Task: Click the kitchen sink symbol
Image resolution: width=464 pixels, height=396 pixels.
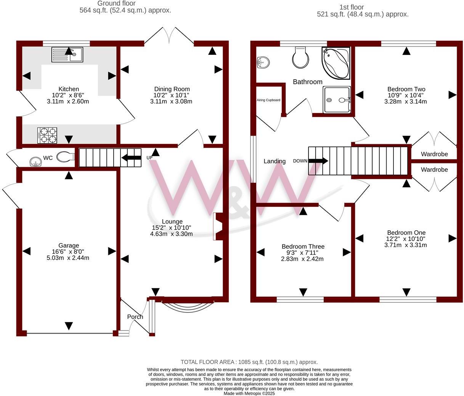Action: (x=67, y=54)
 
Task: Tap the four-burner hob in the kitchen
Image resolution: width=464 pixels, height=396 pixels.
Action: (x=47, y=135)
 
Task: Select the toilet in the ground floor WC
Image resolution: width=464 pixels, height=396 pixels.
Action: (x=65, y=157)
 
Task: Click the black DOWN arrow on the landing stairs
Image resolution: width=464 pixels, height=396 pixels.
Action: (x=318, y=161)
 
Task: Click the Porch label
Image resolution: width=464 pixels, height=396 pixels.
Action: (x=135, y=317)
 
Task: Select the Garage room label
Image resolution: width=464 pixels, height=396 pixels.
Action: (x=69, y=246)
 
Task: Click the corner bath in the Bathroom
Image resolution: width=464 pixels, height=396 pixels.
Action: (x=336, y=63)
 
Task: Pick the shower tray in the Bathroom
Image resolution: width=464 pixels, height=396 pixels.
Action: (x=337, y=100)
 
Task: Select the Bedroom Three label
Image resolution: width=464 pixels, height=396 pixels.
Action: (x=303, y=246)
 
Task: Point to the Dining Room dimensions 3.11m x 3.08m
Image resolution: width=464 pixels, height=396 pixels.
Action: (x=171, y=102)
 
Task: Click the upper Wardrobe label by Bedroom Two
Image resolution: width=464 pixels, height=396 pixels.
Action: (x=434, y=154)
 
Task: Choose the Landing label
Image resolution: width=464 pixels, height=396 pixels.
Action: (x=275, y=161)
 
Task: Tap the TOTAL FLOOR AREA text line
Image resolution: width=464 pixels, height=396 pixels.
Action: (x=249, y=362)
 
